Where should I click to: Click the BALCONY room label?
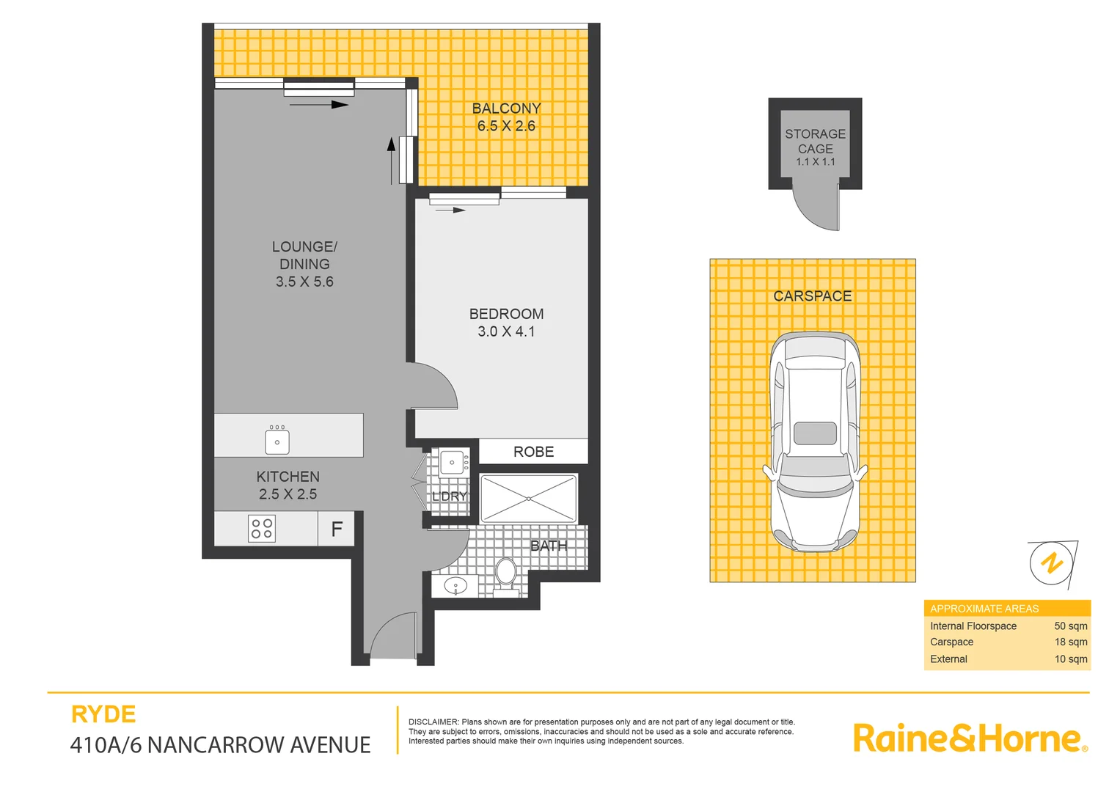point(506,109)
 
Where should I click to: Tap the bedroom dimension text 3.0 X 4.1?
point(506,331)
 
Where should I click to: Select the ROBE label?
point(533,452)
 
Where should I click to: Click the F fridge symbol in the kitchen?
point(337,529)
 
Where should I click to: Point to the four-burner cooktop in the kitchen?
point(262,529)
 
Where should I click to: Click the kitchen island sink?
point(277,441)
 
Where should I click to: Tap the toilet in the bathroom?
point(505,571)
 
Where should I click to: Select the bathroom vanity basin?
point(455,586)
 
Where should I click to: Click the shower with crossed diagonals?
point(529,499)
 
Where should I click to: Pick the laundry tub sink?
point(452,463)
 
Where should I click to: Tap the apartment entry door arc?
point(394,634)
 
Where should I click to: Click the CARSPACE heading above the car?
point(813,296)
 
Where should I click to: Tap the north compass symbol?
point(1053,563)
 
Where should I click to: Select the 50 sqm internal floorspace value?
point(1070,626)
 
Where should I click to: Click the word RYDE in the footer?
point(103,714)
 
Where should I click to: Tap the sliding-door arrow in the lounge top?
point(319,105)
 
